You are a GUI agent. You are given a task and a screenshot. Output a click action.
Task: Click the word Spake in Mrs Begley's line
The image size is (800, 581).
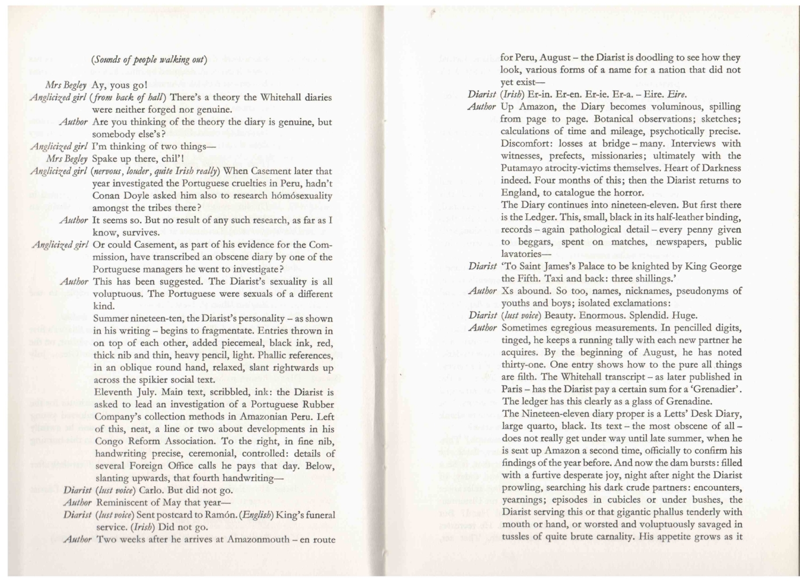105,158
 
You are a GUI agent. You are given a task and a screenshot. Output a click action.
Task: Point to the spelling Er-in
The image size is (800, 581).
539,95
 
